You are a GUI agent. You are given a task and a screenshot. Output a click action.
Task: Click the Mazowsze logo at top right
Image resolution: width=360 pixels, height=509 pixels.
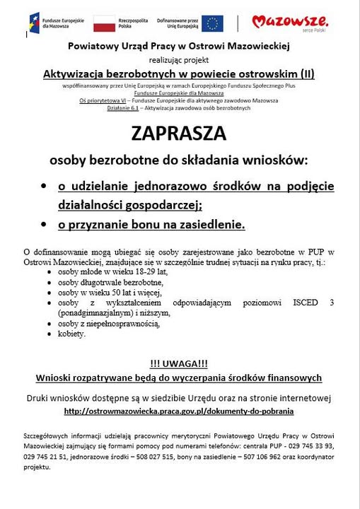pos(290,23)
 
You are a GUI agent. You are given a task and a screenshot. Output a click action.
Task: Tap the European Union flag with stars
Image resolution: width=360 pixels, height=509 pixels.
pos(211,23)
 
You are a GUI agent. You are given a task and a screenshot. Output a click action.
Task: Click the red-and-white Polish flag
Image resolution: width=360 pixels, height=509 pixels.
pos(104,23)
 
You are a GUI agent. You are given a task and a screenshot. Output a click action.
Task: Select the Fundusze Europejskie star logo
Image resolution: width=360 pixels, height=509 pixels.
pos(35,23)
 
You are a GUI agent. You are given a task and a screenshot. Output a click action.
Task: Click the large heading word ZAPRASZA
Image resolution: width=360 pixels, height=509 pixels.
pos(179,134)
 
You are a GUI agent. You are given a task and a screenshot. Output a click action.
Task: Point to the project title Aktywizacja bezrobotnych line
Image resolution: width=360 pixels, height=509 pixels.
pos(179,73)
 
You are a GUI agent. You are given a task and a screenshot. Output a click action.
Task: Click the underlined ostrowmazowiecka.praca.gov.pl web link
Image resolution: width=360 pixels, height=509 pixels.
pos(179,410)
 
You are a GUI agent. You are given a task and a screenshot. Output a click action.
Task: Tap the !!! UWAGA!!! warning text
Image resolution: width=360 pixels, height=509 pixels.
pos(179,363)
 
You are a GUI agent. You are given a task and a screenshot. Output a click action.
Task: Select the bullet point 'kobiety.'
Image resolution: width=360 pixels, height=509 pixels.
pos(72,334)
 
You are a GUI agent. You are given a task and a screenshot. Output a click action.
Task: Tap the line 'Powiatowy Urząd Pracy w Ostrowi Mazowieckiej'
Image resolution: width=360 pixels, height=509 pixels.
pos(179,46)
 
